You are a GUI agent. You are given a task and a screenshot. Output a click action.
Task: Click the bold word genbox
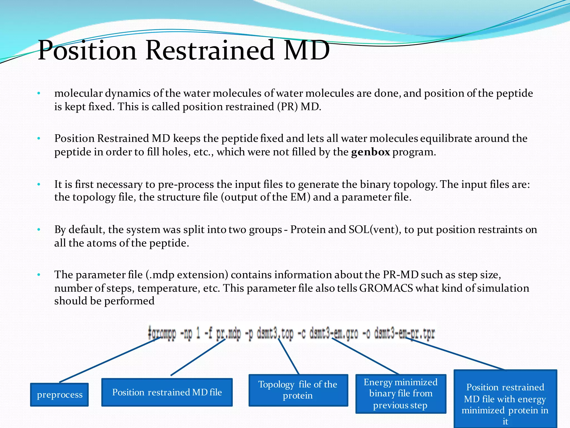(x=370, y=152)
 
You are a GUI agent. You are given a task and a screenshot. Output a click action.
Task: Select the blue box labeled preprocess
(x=60, y=395)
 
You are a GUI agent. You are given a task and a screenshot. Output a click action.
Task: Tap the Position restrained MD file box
(x=167, y=392)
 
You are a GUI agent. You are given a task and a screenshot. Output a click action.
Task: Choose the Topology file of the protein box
(x=298, y=390)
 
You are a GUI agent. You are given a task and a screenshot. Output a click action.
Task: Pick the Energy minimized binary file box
(x=401, y=393)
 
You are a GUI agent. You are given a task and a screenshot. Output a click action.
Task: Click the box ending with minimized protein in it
(x=505, y=401)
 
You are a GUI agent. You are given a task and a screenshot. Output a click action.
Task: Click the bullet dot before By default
(x=39, y=230)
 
